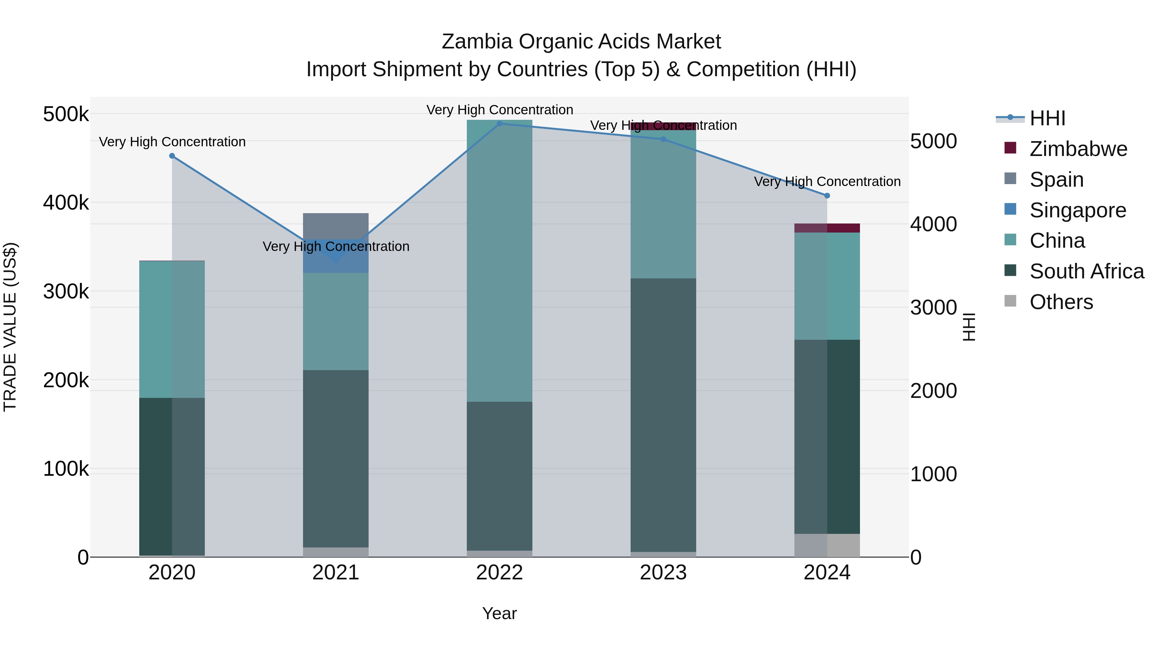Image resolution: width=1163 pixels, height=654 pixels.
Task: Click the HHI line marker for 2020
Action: click(172, 156)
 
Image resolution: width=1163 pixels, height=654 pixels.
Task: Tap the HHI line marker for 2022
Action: click(499, 123)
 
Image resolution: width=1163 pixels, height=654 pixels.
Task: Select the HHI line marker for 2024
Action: click(827, 195)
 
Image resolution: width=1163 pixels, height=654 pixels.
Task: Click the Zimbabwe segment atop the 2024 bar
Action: click(827, 228)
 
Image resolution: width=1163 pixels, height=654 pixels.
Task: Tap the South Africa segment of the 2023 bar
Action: click(663, 415)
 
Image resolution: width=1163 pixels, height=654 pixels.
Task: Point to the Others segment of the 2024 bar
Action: click(827, 545)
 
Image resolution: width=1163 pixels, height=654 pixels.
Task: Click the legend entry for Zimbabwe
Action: click(1078, 149)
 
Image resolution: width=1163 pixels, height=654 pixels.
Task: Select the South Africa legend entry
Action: click(1086, 271)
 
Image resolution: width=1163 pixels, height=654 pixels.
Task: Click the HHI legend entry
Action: click(1047, 118)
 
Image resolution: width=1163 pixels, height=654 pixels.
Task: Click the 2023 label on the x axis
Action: click(663, 573)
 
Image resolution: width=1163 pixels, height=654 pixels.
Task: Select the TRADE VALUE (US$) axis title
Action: click(10, 327)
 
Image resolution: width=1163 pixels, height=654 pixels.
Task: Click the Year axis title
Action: click(499, 613)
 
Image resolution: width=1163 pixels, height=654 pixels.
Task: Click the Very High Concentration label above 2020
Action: click(172, 142)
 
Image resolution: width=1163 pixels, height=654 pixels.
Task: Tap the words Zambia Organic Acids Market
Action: click(581, 42)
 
